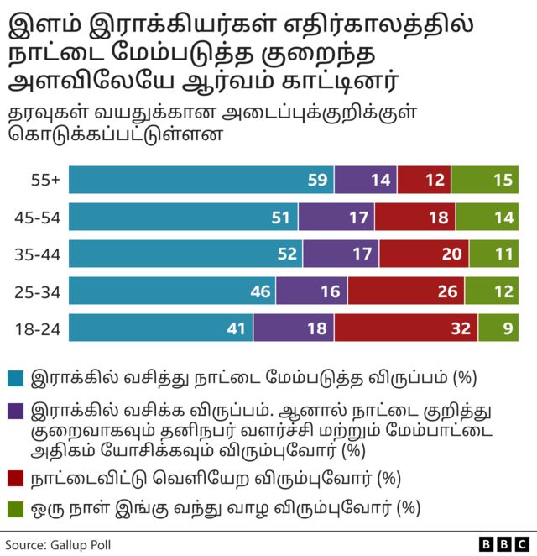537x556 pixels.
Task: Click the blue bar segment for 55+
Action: point(201,181)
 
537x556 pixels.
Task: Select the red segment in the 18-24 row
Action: point(405,328)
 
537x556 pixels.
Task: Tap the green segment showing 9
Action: point(498,328)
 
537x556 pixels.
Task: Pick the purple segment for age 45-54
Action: point(336,218)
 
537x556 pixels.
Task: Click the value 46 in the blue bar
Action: point(260,291)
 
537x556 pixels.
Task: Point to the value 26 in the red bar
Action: point(447,291)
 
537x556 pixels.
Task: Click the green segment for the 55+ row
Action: point(485,181)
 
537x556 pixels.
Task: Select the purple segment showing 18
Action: point(293,328)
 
